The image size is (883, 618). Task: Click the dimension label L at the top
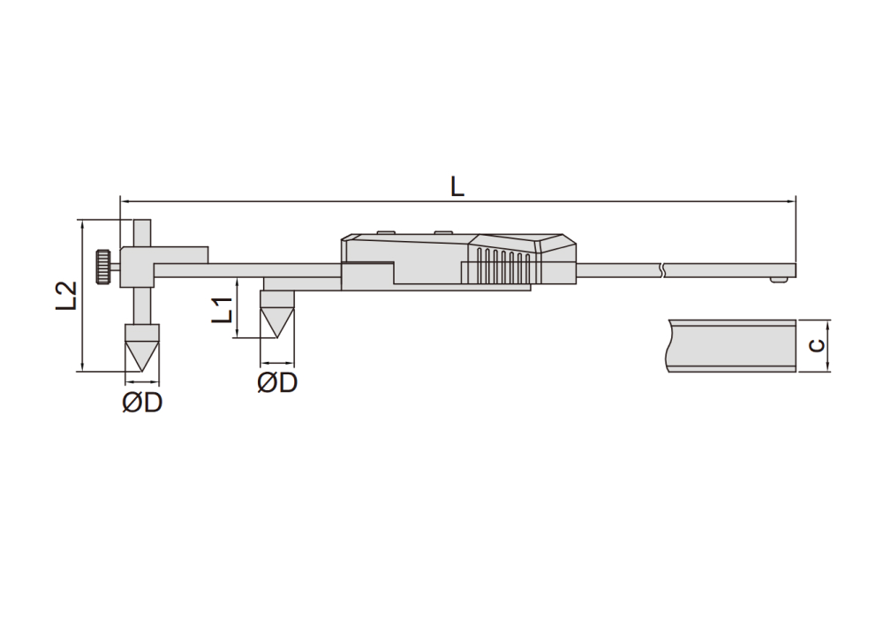click(457, 186)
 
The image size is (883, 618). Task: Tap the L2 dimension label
click(66, 295)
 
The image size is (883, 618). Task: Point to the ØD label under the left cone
click(142, 403)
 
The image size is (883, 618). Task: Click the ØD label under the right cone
click(277, 383)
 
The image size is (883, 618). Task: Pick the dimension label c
click(817, 345)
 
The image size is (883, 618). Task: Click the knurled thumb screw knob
click(102, 267)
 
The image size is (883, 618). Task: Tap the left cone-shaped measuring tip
click(142, 348)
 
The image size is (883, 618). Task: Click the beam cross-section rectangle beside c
click(732, 345)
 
